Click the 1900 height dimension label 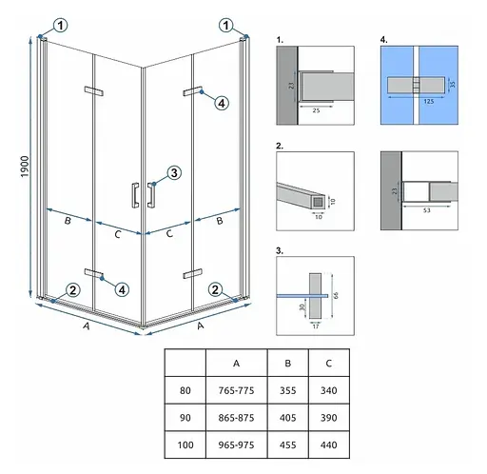[25, 167]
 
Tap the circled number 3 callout [174, 173]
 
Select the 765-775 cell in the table [236, 390]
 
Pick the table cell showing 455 [287, 444]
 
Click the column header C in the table [328, 364]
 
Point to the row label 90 [185, 418]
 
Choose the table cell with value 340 [328, 390]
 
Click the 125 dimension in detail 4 [429, 101]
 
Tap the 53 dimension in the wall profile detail [427, 210]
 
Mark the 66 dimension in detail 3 [336, 295]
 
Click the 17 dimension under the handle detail [316, 326]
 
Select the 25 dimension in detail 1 [316, 110]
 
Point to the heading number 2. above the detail [280, 146]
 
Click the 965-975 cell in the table [236, 444]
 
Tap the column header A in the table [236, 364]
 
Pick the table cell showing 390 [328, 418]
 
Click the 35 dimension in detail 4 [453, 84]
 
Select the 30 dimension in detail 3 [302, 306]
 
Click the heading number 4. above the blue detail [383, 40]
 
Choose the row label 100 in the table [185, 444]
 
